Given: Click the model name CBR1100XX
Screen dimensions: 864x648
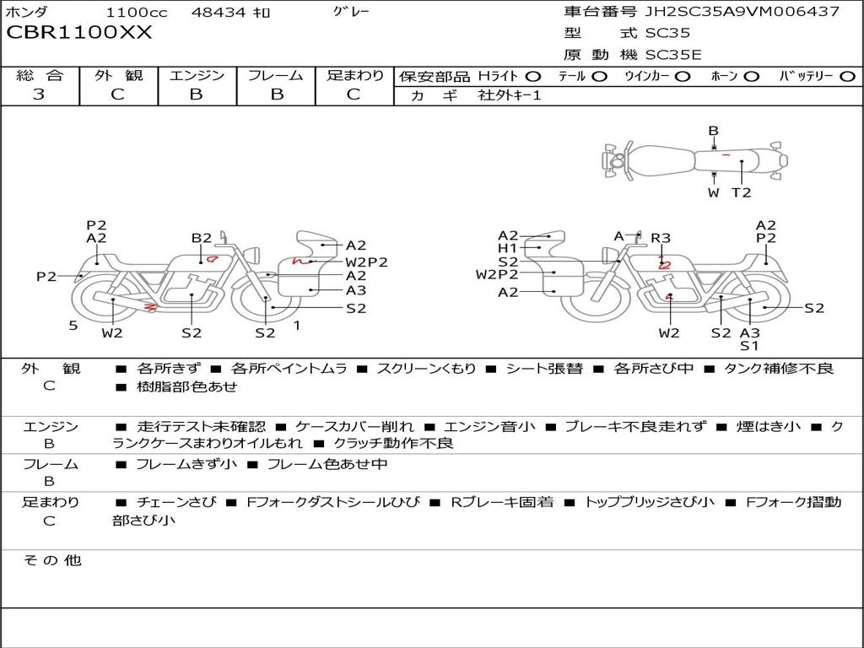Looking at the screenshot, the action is point(78,33).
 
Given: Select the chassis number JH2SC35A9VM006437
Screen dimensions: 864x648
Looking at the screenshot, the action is point(742,11).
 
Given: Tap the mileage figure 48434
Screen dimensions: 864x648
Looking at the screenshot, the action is point(219,12).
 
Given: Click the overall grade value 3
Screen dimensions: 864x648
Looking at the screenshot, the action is point(39,94).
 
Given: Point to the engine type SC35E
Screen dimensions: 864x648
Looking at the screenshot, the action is point(673,55).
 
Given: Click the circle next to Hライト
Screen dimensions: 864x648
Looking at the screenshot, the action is point(533,77).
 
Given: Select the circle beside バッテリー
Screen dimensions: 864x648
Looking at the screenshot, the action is point(847,77).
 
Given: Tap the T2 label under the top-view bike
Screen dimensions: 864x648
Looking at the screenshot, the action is point(741,192).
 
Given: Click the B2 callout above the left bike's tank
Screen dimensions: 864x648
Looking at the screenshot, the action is point(202,238).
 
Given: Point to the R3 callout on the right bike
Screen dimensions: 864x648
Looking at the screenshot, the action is point(661,238).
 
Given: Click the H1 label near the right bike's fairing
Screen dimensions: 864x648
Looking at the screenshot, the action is point(507,249).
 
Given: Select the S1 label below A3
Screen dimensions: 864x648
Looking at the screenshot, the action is point(749,346).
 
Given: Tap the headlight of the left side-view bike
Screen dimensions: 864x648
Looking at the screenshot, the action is point(253,256).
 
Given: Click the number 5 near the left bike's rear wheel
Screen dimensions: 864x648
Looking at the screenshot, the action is point(73,326).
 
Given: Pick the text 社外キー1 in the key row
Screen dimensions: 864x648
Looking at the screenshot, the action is point(510,95).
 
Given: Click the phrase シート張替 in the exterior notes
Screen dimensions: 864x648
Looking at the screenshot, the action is point(544,369).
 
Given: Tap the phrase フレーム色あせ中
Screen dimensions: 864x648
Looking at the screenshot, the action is point(327,465).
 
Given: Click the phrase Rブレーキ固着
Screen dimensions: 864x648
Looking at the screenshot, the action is point(502,502).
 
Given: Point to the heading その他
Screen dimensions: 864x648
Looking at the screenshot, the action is point(51,560).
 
